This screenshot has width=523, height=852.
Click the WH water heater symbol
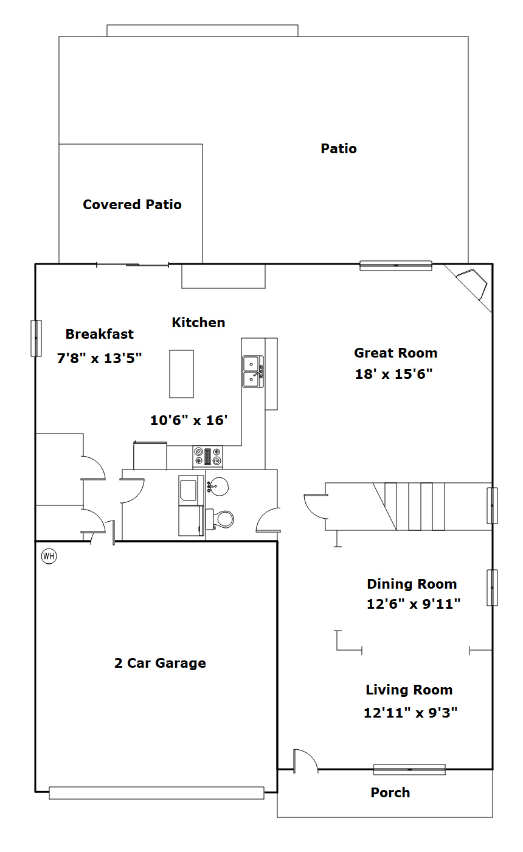[49, 556]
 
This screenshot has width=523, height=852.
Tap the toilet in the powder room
[220, 519]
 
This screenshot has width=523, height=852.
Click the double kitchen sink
[253, 371]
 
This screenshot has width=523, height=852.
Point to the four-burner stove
[207, 457]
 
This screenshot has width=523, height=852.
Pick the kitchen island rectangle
[181, 374]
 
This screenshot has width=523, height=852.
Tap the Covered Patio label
[132, 204]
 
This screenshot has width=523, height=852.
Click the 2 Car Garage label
[160, 663]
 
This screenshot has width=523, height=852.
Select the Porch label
[390, 792]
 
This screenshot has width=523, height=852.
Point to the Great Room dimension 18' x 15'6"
[393, 374]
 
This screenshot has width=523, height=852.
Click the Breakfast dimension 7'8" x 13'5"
[99, 358]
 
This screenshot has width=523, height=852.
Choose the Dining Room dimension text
[414, 604]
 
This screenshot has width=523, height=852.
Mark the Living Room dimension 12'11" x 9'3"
[410, 712]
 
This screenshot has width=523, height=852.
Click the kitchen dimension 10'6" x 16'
[189, 420]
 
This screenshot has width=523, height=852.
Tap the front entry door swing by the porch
[305, 761]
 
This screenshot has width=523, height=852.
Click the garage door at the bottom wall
[156, 792]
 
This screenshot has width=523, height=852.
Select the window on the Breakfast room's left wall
[36, 338]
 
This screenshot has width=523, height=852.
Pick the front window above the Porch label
[409, 769]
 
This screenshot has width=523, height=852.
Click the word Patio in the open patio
[339, 148]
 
